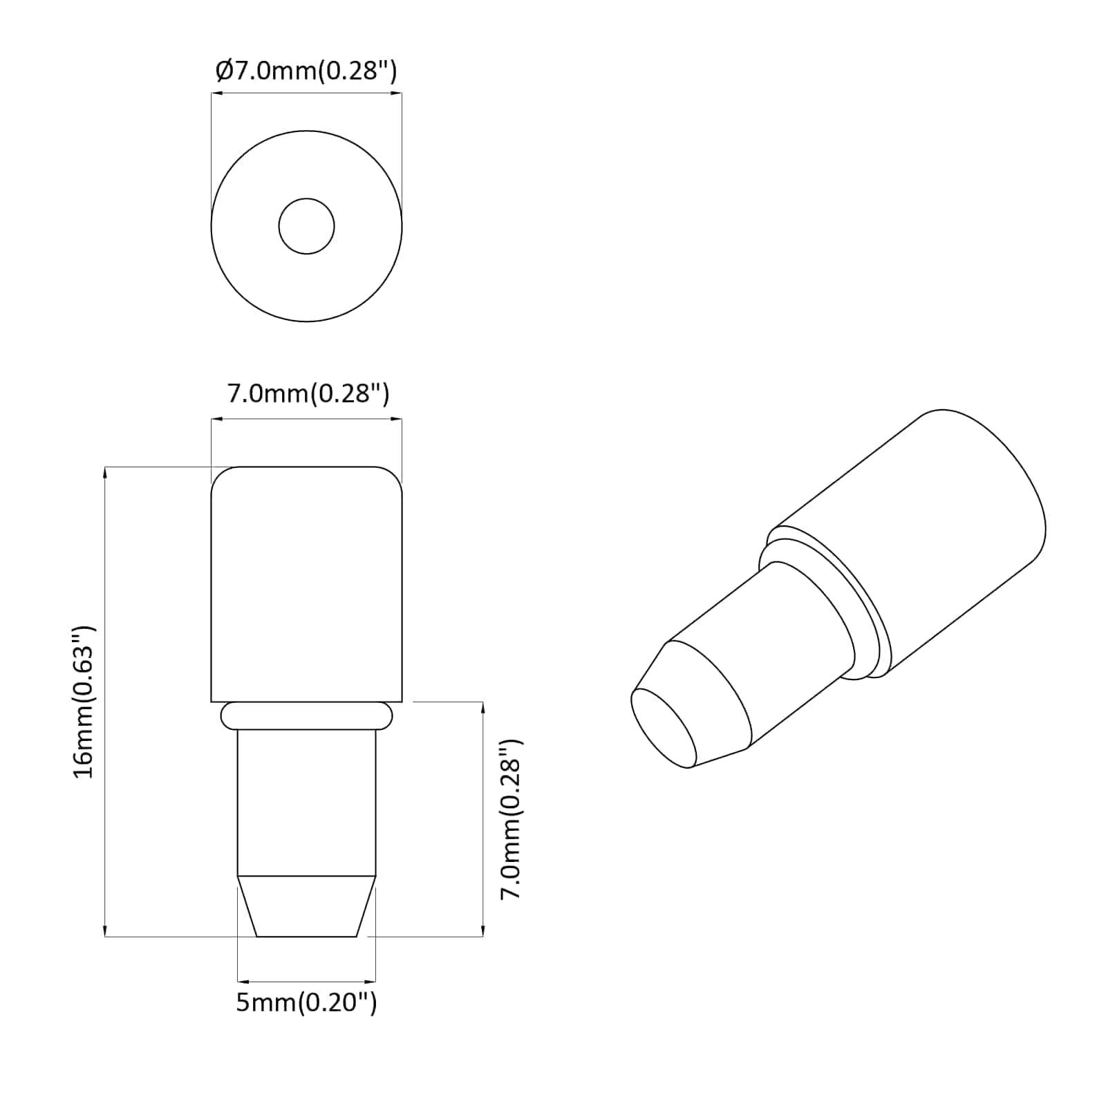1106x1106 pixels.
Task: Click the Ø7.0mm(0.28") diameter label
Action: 306,71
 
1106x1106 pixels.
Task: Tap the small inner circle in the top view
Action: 306,226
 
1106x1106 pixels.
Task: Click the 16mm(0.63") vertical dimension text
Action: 84,702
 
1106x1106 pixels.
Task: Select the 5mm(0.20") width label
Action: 306,1002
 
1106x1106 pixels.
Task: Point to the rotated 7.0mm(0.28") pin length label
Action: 512,819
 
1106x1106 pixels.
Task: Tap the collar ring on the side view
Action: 306,715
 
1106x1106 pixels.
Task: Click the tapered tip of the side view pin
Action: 306,907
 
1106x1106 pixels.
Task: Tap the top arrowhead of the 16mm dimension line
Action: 105,471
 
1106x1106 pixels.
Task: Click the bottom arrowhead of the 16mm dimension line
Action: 105,932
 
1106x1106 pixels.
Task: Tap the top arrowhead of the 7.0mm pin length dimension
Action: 482,706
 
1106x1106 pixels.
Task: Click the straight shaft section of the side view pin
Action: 306,802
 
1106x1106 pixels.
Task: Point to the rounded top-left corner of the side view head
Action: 220,476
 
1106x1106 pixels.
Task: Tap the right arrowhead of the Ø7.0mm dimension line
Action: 397,95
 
